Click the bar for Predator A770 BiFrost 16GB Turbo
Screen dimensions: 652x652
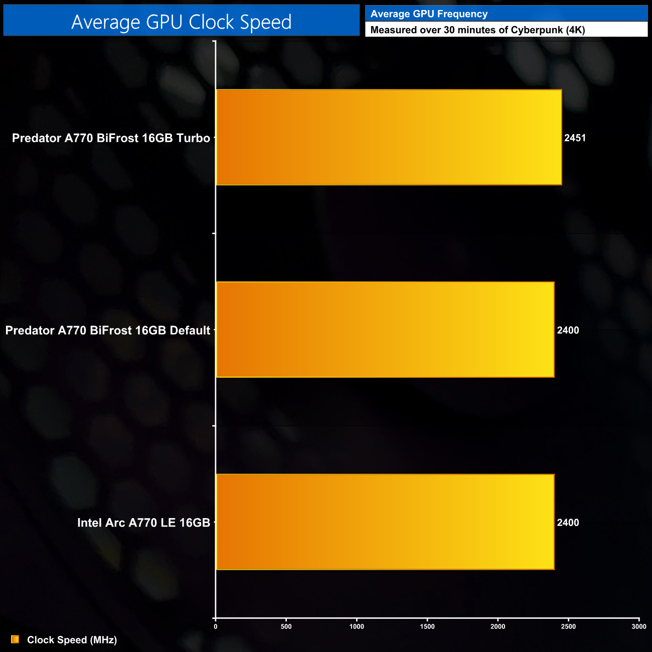point(389,137)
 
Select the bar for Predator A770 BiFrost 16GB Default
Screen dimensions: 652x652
point(385,330)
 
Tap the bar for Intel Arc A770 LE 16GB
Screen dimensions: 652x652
point(385,522)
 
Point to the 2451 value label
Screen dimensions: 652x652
point(575,138)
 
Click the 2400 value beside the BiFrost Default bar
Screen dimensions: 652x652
point(568,330)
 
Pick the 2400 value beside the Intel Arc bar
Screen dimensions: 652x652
point(568,523)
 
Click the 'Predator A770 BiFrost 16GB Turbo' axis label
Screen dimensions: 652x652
point(111,138)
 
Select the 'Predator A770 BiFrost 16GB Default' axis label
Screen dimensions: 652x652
point(108,330)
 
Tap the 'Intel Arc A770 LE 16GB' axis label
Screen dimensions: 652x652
point(143,523)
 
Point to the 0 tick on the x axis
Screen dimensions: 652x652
point(216,626)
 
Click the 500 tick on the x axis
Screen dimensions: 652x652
point(286,626)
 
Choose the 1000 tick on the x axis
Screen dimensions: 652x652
point(357,626)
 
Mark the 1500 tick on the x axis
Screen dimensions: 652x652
point(427,626)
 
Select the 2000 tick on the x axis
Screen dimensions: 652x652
point(498,626)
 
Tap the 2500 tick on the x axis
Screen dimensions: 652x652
point(568,626)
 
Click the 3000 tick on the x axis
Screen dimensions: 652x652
point(639,626)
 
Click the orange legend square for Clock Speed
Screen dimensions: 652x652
point(15,639)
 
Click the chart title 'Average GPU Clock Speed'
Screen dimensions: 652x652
point(181,22)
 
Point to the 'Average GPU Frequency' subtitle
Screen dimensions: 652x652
point(429,14)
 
